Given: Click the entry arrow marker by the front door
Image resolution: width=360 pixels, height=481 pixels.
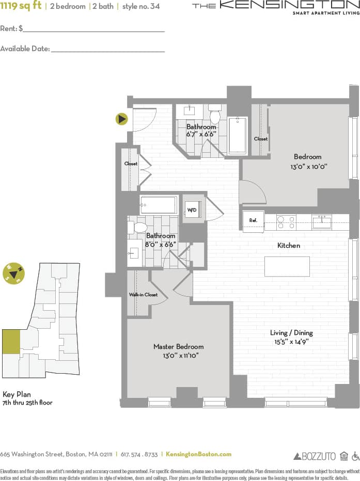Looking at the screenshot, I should [122, 119].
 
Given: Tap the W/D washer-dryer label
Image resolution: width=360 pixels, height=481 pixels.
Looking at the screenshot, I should [192, 210].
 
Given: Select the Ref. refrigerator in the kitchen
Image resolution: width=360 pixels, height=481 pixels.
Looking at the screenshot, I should [253, 221].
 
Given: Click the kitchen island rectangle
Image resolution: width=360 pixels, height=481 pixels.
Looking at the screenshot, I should [287, 266].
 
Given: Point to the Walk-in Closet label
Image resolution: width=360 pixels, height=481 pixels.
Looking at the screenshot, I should [143, 295].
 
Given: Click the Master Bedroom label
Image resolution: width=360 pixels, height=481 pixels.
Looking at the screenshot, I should [178, 347].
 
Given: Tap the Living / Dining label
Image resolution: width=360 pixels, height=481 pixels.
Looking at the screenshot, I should [291, 333].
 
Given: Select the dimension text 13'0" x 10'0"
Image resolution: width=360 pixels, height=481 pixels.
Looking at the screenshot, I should [309, 167].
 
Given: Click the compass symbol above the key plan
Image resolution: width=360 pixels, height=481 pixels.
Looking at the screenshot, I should [13, 273].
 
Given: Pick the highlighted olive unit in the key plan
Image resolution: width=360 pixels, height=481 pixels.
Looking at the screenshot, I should [11, 342].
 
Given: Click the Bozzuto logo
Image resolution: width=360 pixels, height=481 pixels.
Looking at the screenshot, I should [315, 456].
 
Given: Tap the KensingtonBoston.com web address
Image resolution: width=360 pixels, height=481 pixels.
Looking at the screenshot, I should [199, 454].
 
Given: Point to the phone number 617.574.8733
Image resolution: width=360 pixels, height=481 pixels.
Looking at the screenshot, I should [139, 454].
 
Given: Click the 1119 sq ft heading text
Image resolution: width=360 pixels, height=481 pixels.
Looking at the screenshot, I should [21, 6].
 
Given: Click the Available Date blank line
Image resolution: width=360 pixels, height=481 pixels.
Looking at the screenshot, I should [107, 51].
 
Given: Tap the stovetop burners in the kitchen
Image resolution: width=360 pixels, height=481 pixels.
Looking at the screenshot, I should [286, 222].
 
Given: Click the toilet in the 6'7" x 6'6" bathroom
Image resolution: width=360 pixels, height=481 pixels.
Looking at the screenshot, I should [215, 115].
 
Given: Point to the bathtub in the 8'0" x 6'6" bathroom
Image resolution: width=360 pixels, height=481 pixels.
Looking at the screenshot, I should [159, 205].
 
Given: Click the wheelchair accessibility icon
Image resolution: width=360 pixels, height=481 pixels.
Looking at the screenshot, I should [355, 456].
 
